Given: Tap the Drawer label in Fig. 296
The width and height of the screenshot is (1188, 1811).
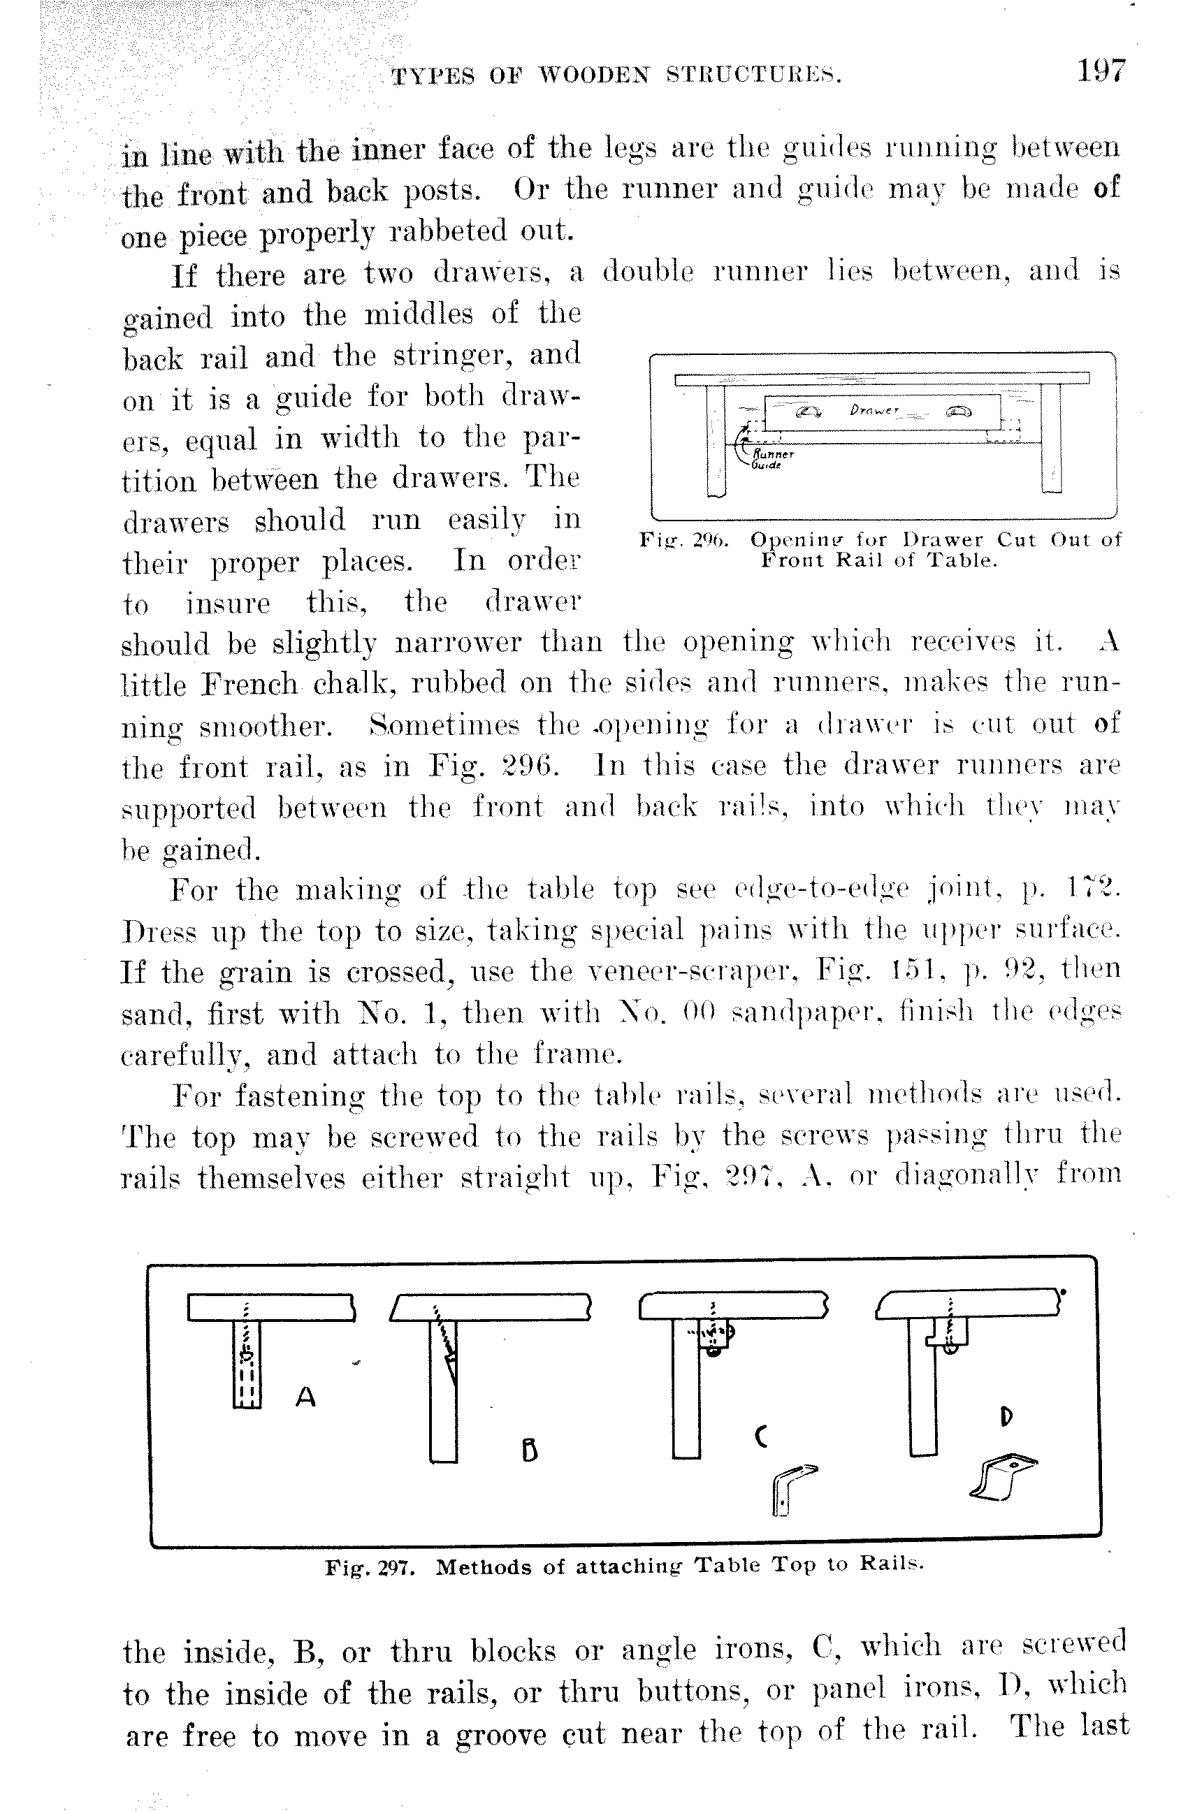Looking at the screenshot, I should (x=874, y=410).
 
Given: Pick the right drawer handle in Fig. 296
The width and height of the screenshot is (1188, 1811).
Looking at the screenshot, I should (x=959, y=412).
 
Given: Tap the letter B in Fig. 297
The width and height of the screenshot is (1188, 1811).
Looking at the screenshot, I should (x=530, y=1451).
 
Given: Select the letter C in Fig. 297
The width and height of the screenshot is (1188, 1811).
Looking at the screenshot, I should (x=760, y=1436).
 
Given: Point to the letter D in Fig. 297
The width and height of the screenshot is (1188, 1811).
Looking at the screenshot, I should (x=1006, y=1416).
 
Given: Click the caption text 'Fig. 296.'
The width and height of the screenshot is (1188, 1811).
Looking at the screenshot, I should (x=683, y=540).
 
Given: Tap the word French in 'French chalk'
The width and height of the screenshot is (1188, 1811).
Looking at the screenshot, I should (x=249, y=684).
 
